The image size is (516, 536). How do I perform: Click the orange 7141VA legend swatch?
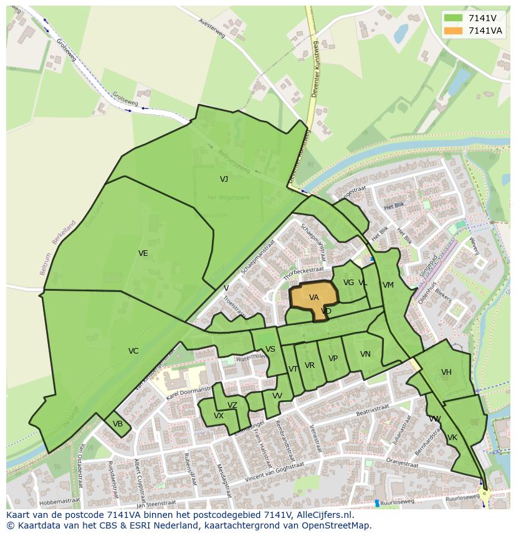coord(453,31)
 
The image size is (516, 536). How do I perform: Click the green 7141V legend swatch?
coord(453,18)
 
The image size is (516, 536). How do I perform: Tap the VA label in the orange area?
coord(314,298)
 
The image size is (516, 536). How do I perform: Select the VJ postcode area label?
coord(224,179)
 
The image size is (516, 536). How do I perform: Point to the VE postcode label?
coord(143,253)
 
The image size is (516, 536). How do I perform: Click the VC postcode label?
coord(133,351)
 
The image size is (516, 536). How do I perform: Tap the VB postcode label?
coord(118,424)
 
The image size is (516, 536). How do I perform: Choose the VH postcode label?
coord(446,372)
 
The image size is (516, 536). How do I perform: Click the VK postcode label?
coord(452,438)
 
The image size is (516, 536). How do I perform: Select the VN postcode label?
coord(365,354)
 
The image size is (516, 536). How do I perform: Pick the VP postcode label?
coord(333,359)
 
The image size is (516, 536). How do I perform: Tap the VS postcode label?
coord(270,349)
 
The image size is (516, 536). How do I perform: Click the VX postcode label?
coord(219,416)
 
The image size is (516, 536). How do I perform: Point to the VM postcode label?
coord(388,285)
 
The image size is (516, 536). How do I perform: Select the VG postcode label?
coord(348,283)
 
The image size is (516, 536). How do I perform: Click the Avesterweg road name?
coord(211,29)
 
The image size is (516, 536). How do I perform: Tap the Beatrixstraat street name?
coord(356,412)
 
